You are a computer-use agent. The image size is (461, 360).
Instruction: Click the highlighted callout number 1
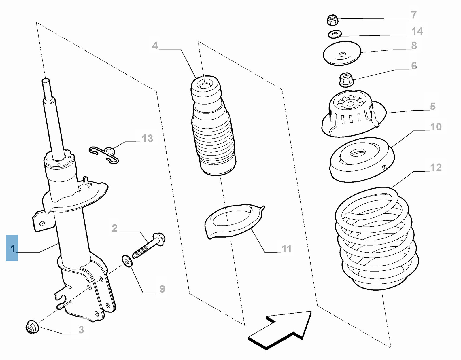point(12,248)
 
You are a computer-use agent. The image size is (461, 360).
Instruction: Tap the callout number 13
point(148,139)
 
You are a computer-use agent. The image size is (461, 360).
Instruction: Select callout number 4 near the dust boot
point(155,46)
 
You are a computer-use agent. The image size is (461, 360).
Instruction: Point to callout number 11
point(286,248)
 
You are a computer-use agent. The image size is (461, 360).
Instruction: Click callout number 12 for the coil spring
point(436,167)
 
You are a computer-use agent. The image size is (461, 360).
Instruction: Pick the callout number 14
point(417,31)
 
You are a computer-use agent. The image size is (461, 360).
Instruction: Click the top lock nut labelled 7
point(332,20)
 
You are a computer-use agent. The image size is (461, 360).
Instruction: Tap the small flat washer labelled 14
point(335,34)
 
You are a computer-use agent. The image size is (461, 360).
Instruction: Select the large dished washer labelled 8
point(342,54)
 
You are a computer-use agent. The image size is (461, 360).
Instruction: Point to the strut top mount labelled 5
point(353,115)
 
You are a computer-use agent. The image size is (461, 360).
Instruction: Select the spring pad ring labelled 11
point(233,222)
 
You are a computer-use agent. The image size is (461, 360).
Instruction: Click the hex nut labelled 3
point(32,327)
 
